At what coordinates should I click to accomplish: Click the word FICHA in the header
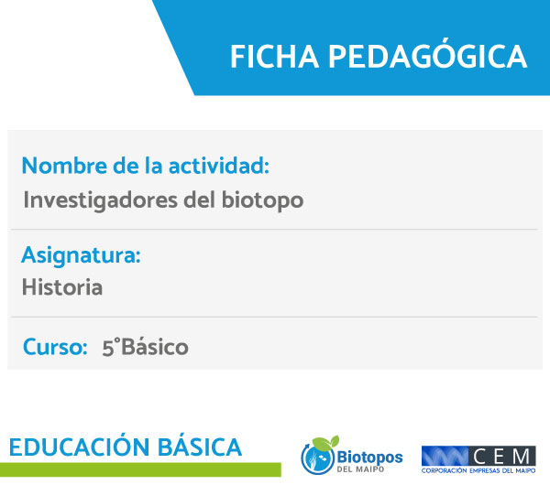point(274,57)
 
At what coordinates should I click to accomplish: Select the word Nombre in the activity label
point(64,166)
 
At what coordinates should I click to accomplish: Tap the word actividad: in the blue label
point(219,166)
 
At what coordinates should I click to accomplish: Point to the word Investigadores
point(100,200)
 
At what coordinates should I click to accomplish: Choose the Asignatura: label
point(81,255)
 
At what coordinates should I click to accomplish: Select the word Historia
point(62,287)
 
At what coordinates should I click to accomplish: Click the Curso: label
point(55,347)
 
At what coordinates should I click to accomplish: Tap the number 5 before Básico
point(108,348)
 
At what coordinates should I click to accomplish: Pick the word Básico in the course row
point(155,347)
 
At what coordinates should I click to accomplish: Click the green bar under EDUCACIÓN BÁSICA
point(140,469)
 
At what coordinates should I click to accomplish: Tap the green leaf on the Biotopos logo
point(325,443)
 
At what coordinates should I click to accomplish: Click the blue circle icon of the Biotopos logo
point(317,458)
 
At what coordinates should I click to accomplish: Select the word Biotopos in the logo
point(369,458)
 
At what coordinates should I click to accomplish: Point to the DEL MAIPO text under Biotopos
point(360,469)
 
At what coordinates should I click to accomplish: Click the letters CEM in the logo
point(502,457)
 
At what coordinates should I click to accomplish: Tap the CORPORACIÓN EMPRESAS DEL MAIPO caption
point(478,470)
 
